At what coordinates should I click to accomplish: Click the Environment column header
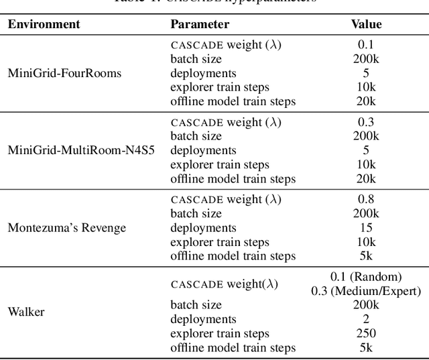44,24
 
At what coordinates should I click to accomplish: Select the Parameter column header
200,24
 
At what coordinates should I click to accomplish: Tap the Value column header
366,24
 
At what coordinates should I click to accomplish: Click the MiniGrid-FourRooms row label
64,72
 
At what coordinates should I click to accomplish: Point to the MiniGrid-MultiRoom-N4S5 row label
81,150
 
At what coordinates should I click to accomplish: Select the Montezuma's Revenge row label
66,227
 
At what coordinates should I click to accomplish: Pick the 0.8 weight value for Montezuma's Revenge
366,199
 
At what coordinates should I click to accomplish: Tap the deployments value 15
366,228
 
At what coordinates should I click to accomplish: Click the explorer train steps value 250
366,333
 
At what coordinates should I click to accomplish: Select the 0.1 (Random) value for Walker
366,277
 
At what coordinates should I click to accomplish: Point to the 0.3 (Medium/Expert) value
366,290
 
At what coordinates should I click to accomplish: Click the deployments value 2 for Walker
366,319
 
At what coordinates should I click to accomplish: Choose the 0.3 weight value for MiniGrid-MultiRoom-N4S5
366,122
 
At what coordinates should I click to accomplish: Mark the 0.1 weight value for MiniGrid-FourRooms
366,44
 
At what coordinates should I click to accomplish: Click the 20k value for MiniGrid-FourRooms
366,101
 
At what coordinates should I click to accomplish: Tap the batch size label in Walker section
196,305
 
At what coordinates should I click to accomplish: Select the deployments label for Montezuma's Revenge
203,228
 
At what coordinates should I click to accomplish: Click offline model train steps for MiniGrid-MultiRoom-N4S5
233,179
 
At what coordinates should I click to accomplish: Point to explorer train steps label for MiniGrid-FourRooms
219,87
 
